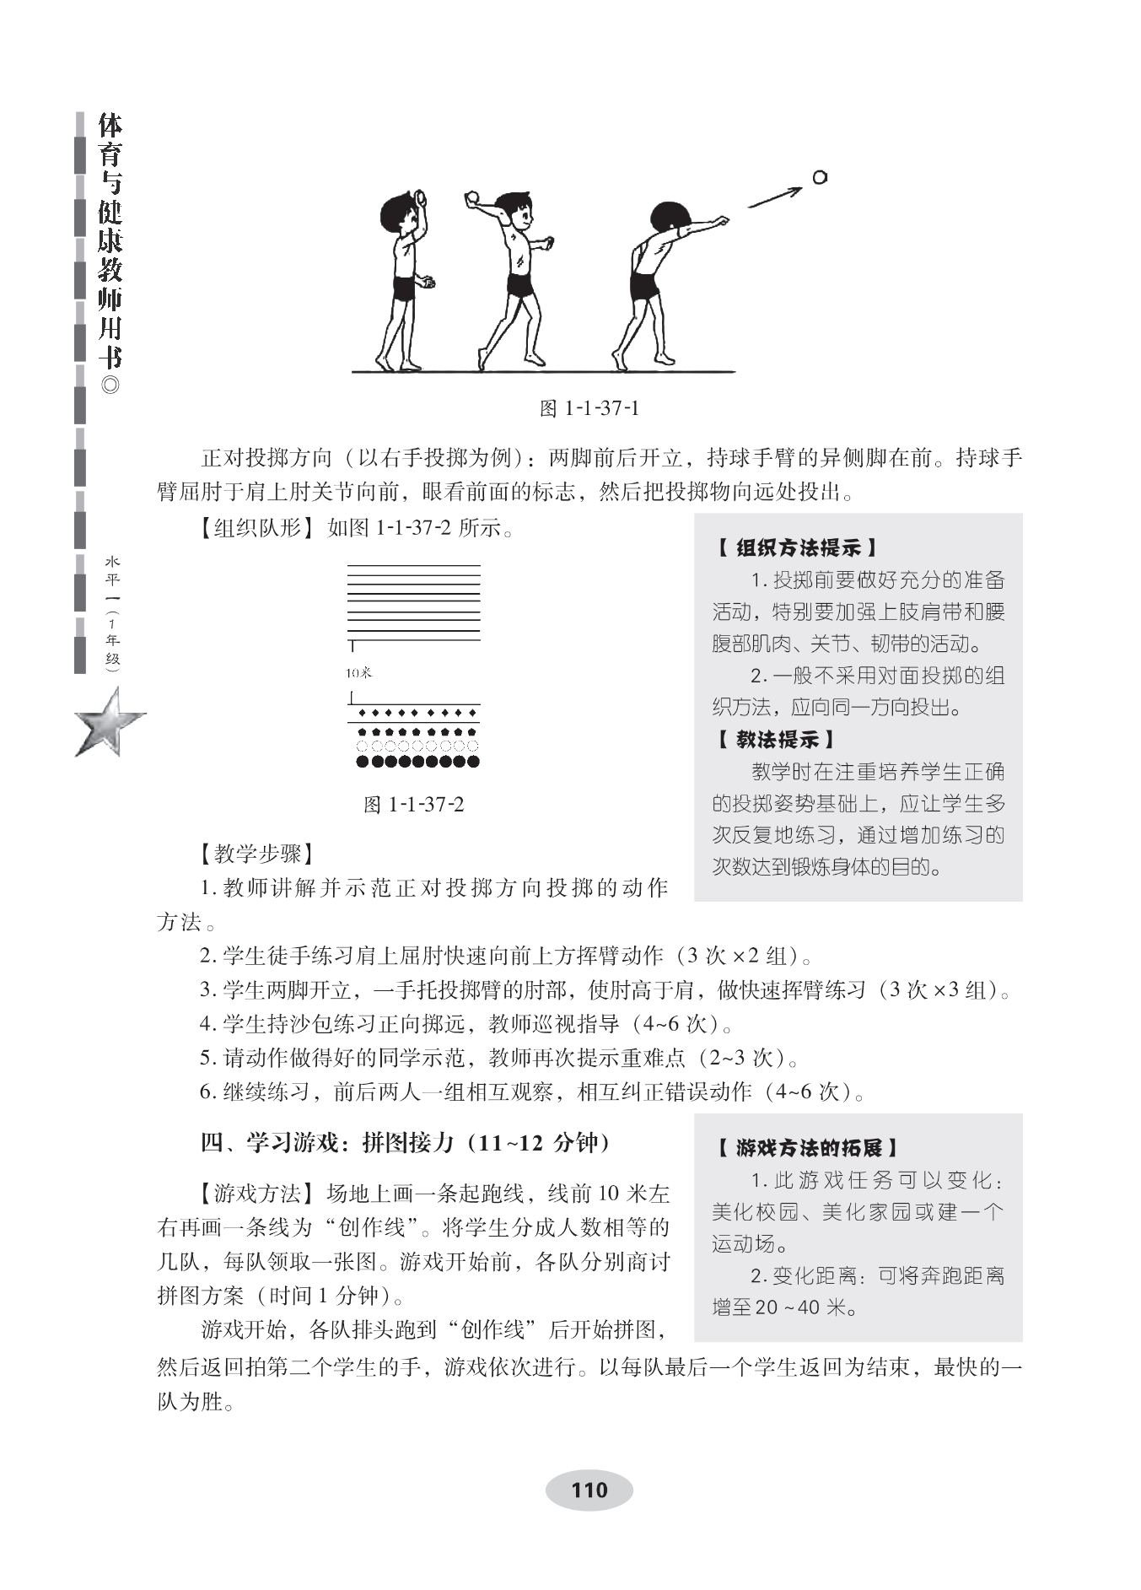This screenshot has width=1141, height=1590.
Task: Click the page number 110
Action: (x=589, y=1490)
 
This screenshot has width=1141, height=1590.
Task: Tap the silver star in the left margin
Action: (x=110, y=722)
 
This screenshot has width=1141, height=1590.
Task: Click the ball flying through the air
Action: (x=819, y=177)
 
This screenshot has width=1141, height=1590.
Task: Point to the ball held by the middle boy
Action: (x=472, y=197)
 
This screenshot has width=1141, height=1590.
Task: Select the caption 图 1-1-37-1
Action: (x=589, y=409)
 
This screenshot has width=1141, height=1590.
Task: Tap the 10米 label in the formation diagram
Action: (x=358, y=672)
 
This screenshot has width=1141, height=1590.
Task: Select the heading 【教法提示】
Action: (x=776, y=740)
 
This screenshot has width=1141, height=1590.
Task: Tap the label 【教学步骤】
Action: (x=258, y=854)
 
